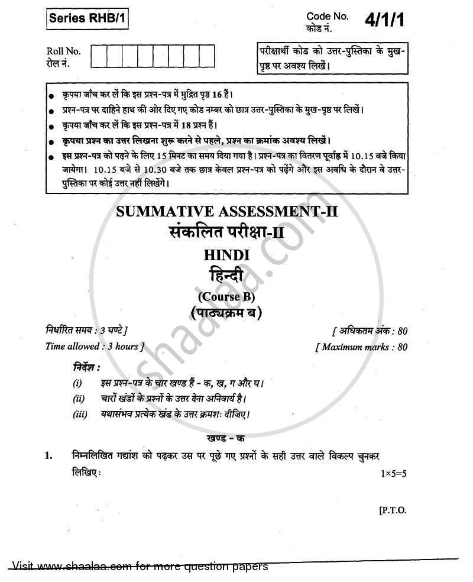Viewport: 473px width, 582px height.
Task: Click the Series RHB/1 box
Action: click(86, 21)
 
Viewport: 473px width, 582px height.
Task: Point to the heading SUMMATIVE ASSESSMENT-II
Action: click(235, 211)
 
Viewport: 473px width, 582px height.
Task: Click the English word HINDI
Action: click(235, 255)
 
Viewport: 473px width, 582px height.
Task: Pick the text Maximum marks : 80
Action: click(362, 347)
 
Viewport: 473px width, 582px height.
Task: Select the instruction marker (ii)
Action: click(79, 399)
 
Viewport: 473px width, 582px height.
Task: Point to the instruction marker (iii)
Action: click(80, 414)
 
